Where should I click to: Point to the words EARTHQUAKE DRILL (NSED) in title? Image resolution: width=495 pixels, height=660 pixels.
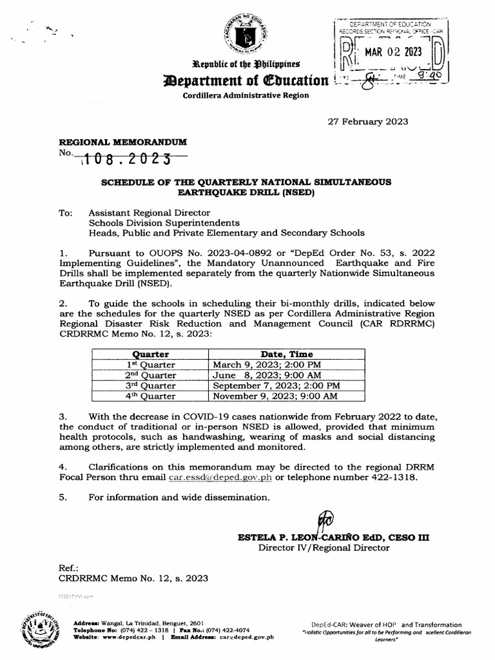[247, 193]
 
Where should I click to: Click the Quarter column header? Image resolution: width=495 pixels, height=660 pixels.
[150, 354]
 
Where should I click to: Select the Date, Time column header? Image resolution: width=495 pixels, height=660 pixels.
[287, 354]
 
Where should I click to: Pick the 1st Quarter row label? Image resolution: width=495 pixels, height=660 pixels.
[150, 364]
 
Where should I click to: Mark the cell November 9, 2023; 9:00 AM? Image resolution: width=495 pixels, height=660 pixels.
[275, 396]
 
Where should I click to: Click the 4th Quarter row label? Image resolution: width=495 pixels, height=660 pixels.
[150, 396]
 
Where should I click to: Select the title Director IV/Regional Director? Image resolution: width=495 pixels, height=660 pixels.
[324, 548]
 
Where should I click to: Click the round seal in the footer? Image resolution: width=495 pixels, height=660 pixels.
[39, 629]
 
